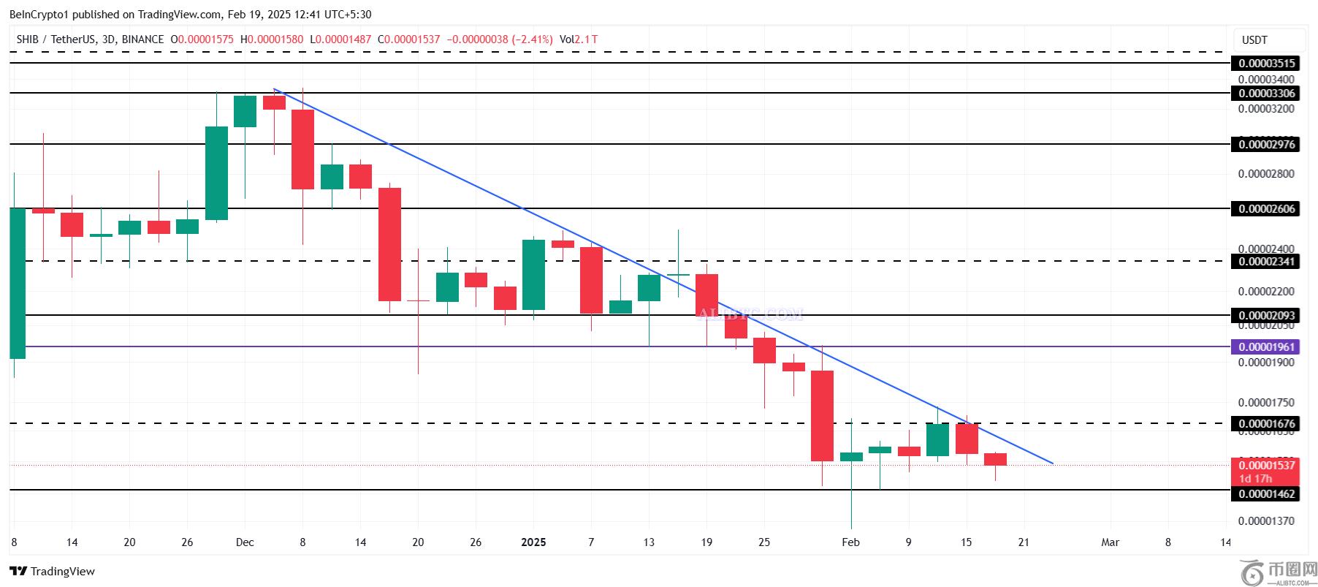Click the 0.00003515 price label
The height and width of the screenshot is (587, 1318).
coord(1267,64)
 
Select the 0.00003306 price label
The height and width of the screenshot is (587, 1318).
coord(1267,94)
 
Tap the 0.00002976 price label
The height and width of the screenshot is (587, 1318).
coord(1267,145)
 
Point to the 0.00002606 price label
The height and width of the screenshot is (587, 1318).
coord(1267,209)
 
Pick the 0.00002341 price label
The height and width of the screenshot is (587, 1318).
coord(1267,262)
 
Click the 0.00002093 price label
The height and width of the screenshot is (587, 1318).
coord(1267,316)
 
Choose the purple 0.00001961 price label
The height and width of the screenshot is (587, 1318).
coord(1267,347)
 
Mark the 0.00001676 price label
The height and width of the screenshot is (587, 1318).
coord(1267,424)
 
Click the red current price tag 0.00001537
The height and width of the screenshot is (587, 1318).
coord(1267,466)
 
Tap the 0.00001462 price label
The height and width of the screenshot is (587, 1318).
coord(1267,494)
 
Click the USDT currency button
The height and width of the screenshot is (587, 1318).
coord(1254,40)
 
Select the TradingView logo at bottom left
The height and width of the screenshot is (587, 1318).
coord(53,572)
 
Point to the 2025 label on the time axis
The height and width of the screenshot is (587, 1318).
coord(533,542)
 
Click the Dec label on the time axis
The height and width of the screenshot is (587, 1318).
coord(245,542)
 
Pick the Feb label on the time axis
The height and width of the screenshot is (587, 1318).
coord(850,542)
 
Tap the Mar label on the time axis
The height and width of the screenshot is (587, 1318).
coord(1110,542)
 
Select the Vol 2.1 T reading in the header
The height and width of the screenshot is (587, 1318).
coord(578,39)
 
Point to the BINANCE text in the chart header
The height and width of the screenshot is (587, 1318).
coord(142,39)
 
